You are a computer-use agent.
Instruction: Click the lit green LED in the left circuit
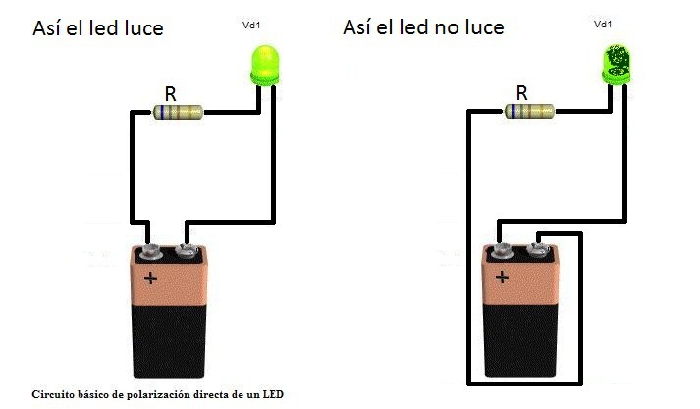(265, 65)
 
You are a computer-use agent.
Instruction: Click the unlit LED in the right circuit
(617, 64)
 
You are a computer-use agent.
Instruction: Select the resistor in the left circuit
(178, 112)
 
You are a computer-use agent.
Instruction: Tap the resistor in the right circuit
(529, 111)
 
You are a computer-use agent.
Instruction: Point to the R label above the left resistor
(170, 94)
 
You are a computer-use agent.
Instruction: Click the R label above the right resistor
(522, 93)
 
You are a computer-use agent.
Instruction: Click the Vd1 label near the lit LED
(251, 25)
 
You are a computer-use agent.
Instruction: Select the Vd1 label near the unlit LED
(603, 25)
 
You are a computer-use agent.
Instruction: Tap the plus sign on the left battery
(150, 279)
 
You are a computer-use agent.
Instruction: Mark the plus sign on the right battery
(502, 278)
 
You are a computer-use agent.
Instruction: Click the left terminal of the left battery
(150, 252)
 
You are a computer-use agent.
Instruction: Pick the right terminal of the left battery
(187, 251)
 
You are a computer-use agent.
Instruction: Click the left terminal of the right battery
(502, 251)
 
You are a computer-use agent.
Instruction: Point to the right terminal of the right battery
(537, 250)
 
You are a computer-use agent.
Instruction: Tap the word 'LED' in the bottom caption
(273, 394)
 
